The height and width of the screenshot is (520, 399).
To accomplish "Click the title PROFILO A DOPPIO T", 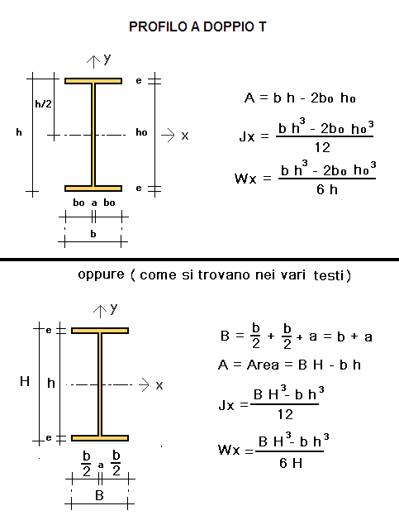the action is [197, 26].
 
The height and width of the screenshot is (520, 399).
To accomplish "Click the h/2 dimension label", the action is [44, 104].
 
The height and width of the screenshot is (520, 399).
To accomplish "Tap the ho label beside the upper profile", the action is [141, 132].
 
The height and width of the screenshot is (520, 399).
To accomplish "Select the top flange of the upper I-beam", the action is [93, 81].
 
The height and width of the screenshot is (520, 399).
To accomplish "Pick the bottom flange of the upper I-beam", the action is [93, 188].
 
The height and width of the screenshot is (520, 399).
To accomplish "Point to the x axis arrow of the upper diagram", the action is [168, 135].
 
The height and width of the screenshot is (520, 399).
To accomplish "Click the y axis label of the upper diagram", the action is [107, 59].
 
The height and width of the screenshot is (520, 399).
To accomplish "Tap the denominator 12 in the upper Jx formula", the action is [322, 147].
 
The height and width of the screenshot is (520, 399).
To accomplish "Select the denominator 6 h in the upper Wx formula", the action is [327, 189].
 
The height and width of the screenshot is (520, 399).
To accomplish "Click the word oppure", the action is [101, 275].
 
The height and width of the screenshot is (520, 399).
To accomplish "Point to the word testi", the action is [329, 275].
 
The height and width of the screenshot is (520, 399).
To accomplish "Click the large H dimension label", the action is [25, 381].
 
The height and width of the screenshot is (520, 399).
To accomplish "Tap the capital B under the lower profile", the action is [99, 495].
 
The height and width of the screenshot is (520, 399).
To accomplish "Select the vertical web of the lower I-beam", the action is [100, 384].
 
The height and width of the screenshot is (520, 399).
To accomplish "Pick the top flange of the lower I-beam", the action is [100, 331].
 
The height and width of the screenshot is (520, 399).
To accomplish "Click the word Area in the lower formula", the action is [264, 365].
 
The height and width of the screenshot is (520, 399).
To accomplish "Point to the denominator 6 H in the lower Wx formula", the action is [291, 463].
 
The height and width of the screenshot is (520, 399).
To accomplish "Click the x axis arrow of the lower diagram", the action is [145, 384].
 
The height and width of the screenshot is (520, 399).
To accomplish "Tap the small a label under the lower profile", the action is [101, 465].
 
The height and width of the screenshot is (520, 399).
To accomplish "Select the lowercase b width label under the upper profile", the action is [93, 234].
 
